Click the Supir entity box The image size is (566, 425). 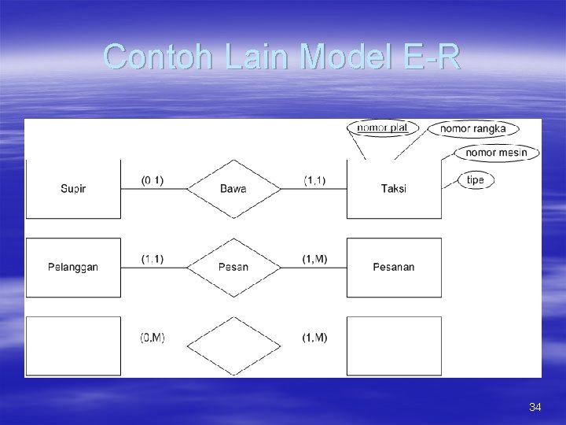(73, 189)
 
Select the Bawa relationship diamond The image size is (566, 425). (233, 189)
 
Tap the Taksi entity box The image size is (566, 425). (394, 189)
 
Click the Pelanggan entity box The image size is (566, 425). (73, 268)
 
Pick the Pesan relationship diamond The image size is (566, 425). (233, 268)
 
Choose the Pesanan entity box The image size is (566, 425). (394, 268)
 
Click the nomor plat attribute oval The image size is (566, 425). (382, 128)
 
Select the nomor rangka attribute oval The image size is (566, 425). (472, 128)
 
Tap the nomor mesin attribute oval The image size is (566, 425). (496, 152)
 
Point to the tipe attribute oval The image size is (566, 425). (476, 180)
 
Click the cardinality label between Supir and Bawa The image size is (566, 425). (153, 180)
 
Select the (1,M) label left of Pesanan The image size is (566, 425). (315, 259)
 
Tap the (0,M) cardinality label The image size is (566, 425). (153, 338)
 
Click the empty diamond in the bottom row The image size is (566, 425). (233, 346)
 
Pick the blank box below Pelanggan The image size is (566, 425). (73, 346)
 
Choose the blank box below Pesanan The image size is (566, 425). (394, 346)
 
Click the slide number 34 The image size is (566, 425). (535, 407)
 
